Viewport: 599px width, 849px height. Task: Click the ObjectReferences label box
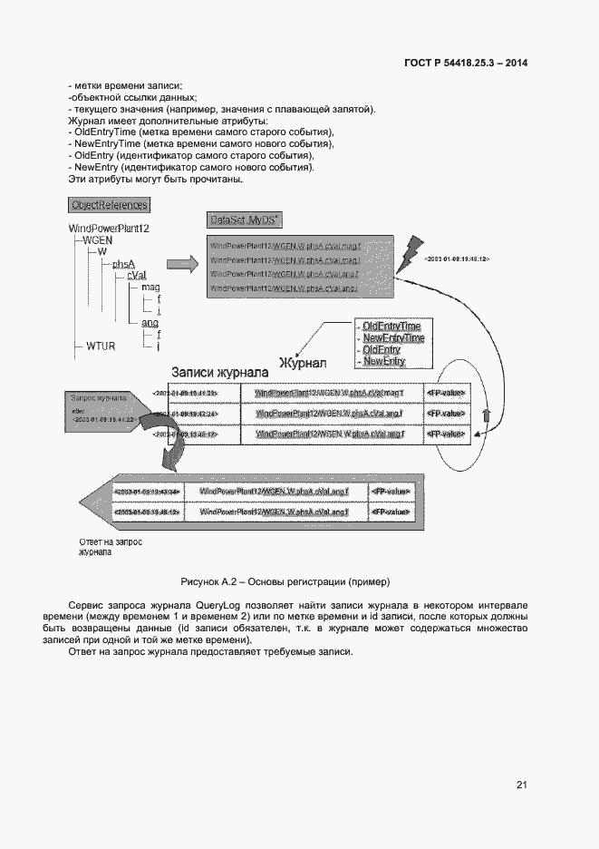click(109, 206)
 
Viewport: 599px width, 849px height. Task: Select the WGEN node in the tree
click(97, 240)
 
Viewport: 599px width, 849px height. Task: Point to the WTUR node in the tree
click(101, 346)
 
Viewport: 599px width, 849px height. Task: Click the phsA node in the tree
click(123, 264)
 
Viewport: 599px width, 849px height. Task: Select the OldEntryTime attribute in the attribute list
click(391, 325)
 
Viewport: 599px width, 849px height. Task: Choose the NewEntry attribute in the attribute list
click(383, 361)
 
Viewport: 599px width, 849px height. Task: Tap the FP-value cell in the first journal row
click(447, 393)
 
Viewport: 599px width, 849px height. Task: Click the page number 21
click(522, 785)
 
